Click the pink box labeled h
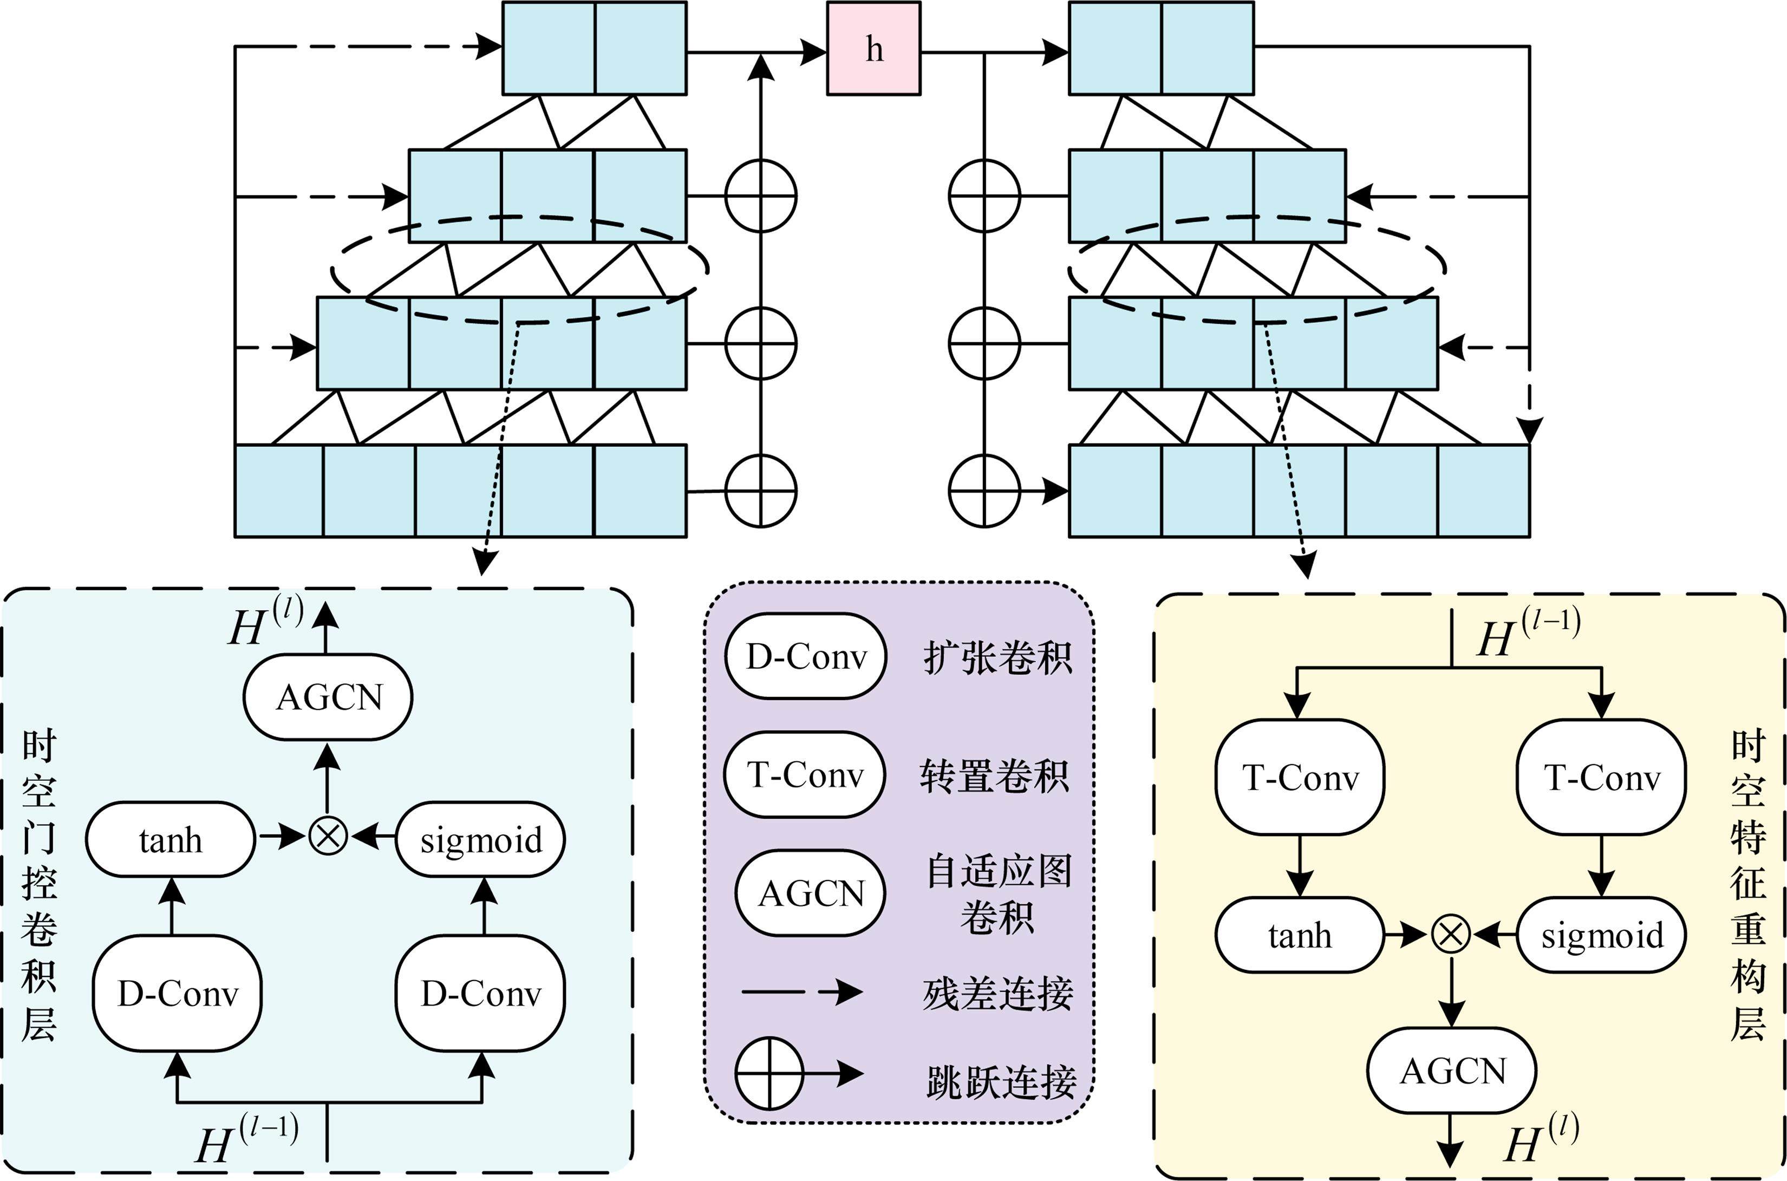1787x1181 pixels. pos(873,49)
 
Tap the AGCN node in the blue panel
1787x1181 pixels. pos(328,697)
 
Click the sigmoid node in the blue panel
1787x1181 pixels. pos(480,839)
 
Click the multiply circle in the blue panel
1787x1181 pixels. pos(328,837)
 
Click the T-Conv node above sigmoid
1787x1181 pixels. pos(1602,777)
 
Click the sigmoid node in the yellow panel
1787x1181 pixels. pos(1602,935)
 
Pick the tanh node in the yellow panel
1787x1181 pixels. pos(1300,935)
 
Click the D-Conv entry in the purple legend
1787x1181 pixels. pos(806,657)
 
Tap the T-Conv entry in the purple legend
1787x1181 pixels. pos(804,774)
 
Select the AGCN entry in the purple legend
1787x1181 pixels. pos(810,893)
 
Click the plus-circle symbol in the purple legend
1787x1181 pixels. pos(769,1073)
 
